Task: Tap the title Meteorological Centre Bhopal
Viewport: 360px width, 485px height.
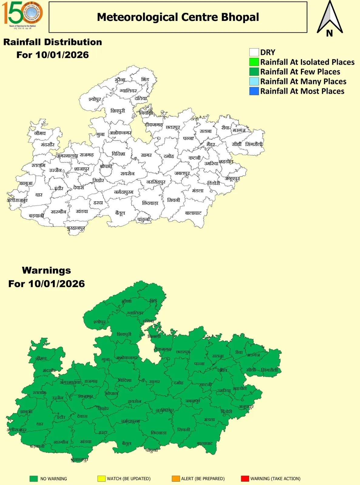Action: coord(178,17)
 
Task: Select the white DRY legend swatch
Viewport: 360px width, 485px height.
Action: coord(254,52)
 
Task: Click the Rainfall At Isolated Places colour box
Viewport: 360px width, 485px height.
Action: coord(254,62)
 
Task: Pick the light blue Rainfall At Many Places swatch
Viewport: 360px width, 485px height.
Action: coord(254,82)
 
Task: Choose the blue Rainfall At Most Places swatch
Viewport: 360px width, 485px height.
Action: coord(254,91)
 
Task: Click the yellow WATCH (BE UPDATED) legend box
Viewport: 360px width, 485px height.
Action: coord(101,479)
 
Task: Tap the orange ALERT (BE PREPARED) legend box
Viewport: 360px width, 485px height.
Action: coord(176,479)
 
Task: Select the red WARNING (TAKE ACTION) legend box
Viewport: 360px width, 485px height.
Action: coord(245,479)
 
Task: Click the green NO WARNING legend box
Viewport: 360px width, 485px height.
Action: coord(33,479)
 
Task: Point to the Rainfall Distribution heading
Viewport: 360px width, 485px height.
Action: coord(52,42)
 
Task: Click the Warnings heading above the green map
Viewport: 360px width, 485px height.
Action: coord(46,270)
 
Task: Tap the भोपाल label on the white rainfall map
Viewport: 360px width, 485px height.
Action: coord(106,166)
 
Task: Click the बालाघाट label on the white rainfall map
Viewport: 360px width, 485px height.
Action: coord(193,213)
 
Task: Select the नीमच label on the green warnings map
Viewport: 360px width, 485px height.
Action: coord(41,358)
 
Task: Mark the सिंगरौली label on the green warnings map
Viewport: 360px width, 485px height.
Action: coord(269,370)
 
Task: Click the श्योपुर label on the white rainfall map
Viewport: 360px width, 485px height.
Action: coord(95,99)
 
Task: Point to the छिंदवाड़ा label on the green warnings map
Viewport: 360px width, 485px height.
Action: coord(159,433)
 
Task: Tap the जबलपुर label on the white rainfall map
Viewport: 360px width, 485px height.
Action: coord(182,173)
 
